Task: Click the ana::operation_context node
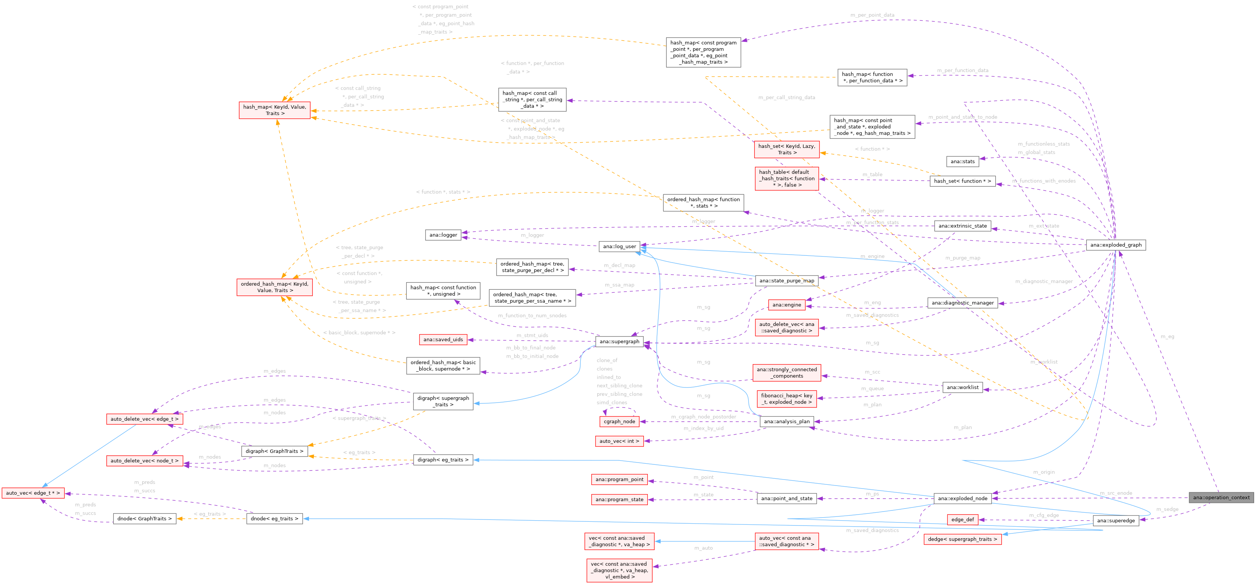[1221, 497]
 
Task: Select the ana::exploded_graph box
[1116, 245]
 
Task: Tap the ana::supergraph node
[619, 341]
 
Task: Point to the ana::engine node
[787, 305]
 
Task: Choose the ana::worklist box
[962, 387]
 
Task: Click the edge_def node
[962, 519]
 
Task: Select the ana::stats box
[962, 161]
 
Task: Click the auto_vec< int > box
[619, 441]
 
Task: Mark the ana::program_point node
[619, 479]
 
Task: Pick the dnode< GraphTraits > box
[145, 518]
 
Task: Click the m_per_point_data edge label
[872, 15]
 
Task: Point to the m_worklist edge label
[1044, 362]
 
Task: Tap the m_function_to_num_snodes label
[532, 315]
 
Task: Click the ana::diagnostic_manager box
[962, 303]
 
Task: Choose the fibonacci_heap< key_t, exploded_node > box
[787, 399]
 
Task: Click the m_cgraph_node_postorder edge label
[703, 417]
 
